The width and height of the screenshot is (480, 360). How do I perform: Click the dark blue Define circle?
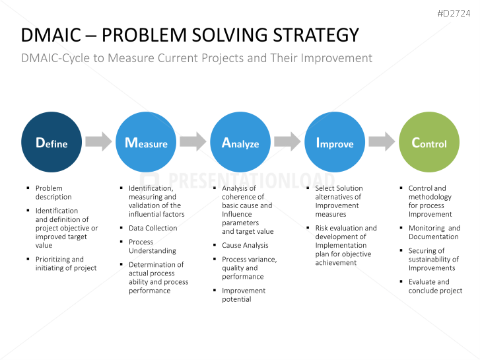51,143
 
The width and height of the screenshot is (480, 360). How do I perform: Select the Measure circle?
146,143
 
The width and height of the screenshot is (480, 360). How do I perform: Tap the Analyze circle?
240,143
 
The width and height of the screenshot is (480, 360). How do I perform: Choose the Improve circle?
335,143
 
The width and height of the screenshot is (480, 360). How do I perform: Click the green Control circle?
429,143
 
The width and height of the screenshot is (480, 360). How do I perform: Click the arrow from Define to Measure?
98,141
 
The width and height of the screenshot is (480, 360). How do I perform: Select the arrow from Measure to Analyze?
193,141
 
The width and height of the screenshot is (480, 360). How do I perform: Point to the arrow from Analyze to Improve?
287,141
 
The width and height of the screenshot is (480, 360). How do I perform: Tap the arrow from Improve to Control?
382,141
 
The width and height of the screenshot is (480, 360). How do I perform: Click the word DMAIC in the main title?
50,35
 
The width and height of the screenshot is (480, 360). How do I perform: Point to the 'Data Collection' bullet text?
153,228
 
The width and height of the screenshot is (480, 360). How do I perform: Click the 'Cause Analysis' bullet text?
245,245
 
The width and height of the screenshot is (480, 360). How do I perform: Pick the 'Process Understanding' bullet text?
153,246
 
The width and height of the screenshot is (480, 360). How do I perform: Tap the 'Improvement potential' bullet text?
244,295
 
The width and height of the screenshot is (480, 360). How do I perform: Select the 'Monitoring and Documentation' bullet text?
434,233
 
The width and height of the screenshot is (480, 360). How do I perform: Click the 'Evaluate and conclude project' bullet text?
435,286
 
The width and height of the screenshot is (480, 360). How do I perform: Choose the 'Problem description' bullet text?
53,192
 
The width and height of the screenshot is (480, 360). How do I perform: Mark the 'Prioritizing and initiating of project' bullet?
65,264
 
